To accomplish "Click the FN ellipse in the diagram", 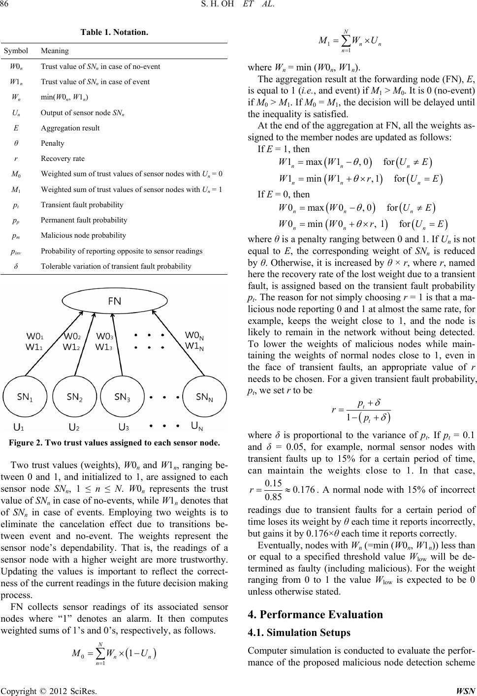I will pos(115,316).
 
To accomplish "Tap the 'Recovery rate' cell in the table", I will pos(63,158).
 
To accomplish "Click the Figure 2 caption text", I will pos(114,443).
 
